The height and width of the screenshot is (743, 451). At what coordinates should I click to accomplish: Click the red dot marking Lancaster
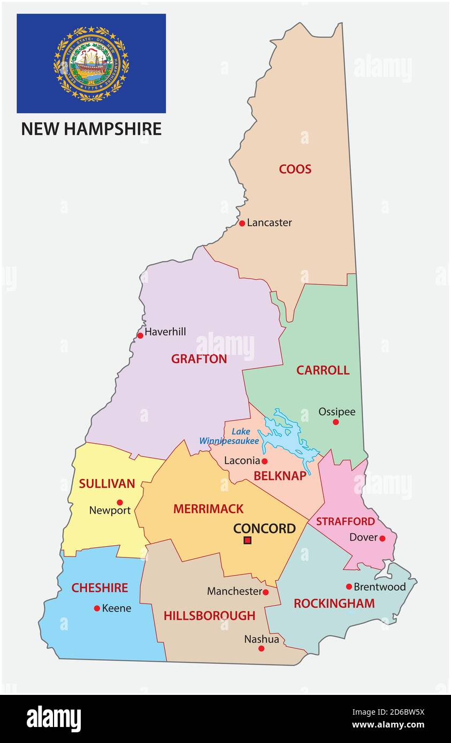pos(242,223)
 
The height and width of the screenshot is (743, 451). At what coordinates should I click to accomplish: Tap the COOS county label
pos(295,169)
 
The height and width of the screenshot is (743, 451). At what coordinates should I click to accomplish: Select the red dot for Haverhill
pos(140,335)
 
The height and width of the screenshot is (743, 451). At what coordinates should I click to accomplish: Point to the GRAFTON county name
pos(199,359)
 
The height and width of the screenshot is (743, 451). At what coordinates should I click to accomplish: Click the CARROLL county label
pos(323,370)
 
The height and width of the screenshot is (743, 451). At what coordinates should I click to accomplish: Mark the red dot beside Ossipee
pos(335,422)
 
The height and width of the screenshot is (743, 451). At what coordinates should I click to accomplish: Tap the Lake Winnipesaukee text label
pos(230,436)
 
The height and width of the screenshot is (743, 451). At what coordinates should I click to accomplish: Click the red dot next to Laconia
pos(264,461)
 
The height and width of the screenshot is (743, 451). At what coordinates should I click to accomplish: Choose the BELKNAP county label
pos(280,475)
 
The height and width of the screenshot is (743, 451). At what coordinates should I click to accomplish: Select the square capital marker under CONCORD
pos(247,540)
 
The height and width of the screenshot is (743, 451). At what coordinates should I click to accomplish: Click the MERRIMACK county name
pos(208,509)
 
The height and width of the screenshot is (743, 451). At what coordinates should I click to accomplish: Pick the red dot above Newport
pos(120,502)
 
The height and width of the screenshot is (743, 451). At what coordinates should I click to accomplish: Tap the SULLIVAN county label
pos(107,484)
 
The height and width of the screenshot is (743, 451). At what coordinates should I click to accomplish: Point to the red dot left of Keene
pos(97,608)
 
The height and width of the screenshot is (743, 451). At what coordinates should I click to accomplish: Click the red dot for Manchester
pos(265,592)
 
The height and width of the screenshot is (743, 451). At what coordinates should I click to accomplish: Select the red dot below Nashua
pos(261,648)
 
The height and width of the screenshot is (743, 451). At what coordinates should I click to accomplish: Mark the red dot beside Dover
pos(382,538)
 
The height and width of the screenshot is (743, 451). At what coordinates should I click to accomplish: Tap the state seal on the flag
pos(91,64)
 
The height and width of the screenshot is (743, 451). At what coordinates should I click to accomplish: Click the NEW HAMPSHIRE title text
pos(91,129)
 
